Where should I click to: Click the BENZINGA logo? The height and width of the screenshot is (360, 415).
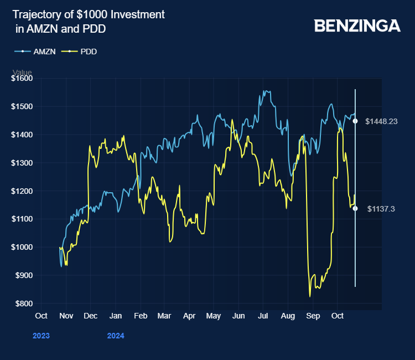(357, 25)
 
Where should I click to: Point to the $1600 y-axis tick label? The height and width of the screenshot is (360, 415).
(22, 79)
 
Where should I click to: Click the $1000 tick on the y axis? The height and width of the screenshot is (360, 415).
(22, 247)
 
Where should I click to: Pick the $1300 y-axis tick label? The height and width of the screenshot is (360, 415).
(22, 163)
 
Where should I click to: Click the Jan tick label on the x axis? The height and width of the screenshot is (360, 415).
(115, 316)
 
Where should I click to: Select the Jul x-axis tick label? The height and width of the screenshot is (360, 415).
(263, 316)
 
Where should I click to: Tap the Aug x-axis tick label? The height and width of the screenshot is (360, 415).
(288, 316)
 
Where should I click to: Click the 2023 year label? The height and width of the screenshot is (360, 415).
(41, 336)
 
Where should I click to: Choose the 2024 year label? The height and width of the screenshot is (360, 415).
(115, 336)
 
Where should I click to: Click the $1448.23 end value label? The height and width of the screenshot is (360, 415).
(382, 121)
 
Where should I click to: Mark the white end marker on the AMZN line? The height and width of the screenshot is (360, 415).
(355, 121)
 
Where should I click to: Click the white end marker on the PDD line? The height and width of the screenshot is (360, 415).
(355, 209)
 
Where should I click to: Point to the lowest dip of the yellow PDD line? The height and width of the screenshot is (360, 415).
(310, 296)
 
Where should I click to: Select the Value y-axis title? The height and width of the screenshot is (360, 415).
(22, 73)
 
